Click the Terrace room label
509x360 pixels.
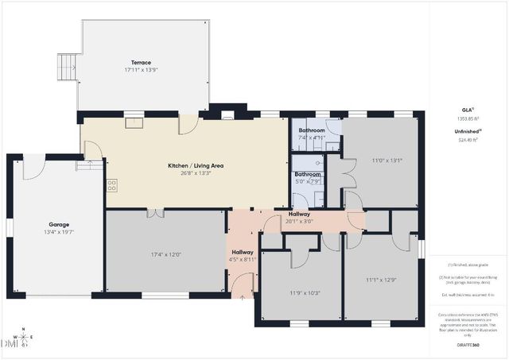141,62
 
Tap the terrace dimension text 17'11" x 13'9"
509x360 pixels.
141,70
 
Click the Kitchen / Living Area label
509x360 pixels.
195,165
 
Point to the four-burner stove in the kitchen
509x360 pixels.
111,185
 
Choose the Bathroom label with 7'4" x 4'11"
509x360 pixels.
312,130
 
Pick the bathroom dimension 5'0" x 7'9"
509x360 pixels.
307,182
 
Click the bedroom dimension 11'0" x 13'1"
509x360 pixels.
387,160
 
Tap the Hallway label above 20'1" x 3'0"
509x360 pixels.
299,214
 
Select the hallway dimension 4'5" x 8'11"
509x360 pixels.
242,259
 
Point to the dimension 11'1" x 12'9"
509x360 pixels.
380,280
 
